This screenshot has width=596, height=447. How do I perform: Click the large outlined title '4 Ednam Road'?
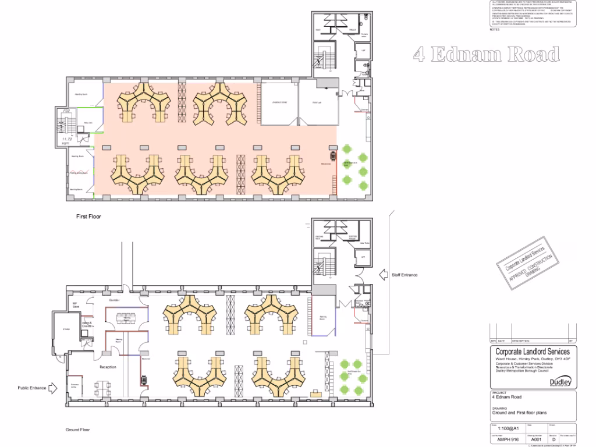(487, 55)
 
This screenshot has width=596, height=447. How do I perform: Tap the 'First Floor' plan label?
(90, 216)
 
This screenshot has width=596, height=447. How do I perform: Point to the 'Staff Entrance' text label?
(405, 275)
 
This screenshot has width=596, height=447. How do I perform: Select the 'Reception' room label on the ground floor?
(108, 367)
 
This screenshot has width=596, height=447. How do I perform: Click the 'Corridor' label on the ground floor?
(114, 300)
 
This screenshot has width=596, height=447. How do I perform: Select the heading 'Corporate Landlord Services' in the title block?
(532, 352)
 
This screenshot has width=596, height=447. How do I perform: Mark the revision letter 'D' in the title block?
(554, 440)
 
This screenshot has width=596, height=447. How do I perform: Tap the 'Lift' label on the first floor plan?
(363, 51)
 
